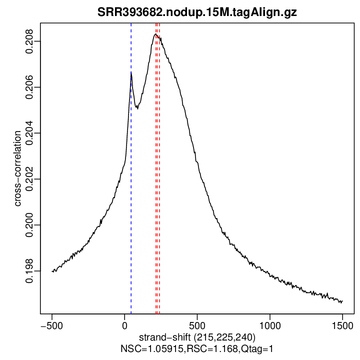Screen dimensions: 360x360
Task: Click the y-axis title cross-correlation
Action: [x=18, y=168]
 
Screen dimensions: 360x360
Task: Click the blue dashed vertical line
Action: [x=131, y=200]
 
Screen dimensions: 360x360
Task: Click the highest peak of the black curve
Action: [x=155, y=34]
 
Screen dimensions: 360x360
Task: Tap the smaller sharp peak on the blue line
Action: [x=131, y=73]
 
